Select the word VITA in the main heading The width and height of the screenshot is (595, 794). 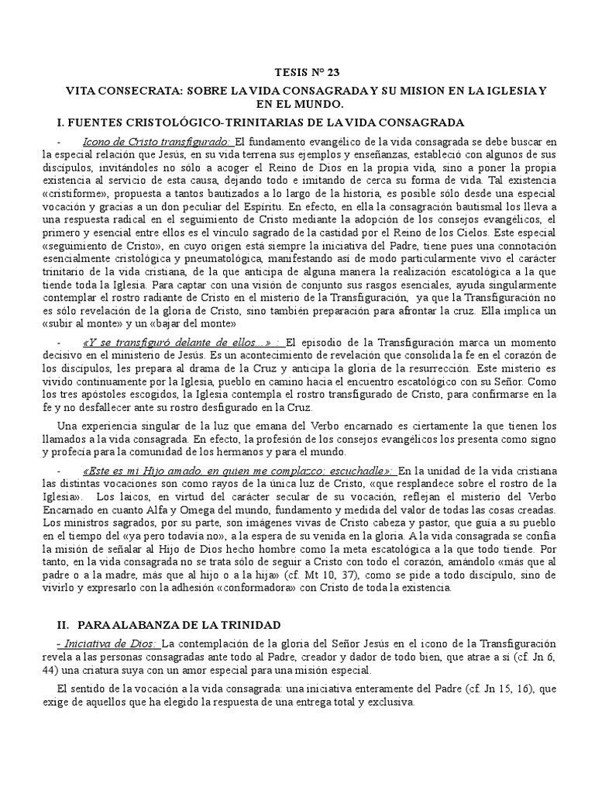[x=81, y=91]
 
